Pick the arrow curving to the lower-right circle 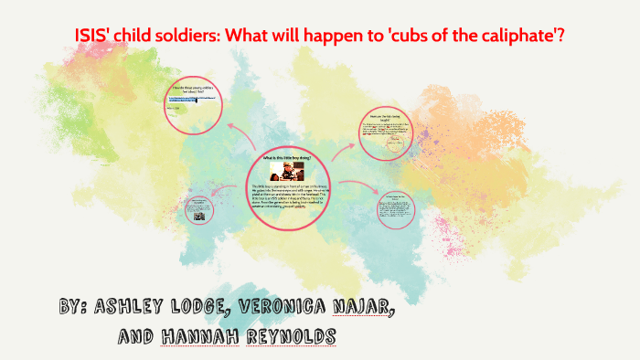pyautogui.click(x=359, y=188)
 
